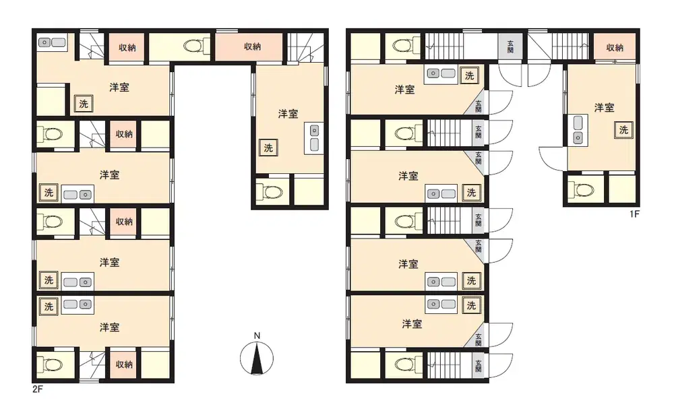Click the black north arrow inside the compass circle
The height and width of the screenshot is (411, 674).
point(257,358)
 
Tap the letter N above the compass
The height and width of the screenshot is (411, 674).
point(257,336)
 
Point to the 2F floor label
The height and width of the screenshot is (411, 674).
point(38,389)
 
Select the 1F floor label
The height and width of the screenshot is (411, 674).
point(634,214)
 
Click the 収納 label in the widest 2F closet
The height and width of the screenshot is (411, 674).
point(252,46)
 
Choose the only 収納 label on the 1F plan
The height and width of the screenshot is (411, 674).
point(615,48)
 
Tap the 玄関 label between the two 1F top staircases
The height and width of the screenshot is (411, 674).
point(510,46)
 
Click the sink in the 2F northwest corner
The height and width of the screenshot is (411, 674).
point(52,42)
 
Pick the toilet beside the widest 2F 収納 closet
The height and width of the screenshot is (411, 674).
point(197,46)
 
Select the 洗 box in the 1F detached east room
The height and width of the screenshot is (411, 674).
point(623,130)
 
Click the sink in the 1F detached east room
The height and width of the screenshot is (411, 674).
point(578,130)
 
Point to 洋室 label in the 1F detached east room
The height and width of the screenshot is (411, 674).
point(604,108)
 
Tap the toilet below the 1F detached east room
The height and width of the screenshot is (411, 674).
point(581,189)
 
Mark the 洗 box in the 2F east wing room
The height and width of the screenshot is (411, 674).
point(268,148)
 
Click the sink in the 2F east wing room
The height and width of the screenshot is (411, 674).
point(315,137)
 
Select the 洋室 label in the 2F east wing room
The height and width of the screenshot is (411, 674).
point(288,114)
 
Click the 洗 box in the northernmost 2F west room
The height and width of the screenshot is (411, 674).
point(84,104)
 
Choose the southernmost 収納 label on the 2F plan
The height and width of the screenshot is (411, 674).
point(124,365)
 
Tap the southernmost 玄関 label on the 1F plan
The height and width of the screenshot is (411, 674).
point(479,366)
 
